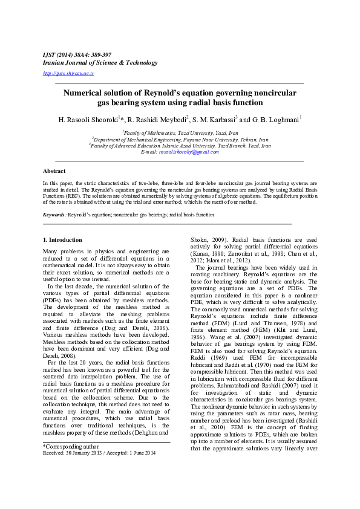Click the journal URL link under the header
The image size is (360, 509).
coord(68,73)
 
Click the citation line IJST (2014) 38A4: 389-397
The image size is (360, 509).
coord(77,54)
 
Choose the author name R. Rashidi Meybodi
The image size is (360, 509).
coord(159,119)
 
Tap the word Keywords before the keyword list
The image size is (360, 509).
coord(54,215)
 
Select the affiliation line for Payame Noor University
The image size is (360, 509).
coord(180,139)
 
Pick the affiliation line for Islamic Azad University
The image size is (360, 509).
coord(180,146)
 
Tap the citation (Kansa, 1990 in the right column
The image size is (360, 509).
coord(209,254)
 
